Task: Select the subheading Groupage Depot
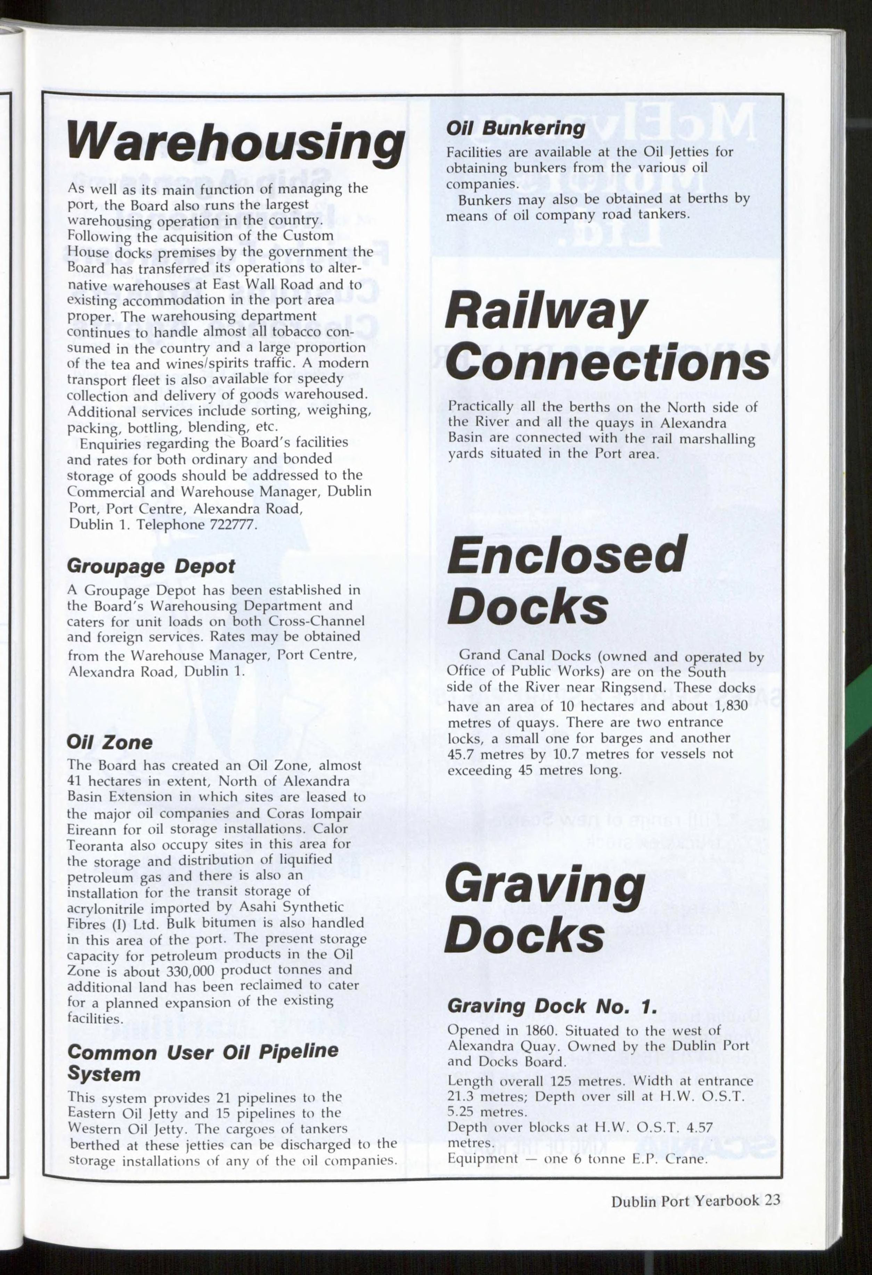point(151,567)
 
